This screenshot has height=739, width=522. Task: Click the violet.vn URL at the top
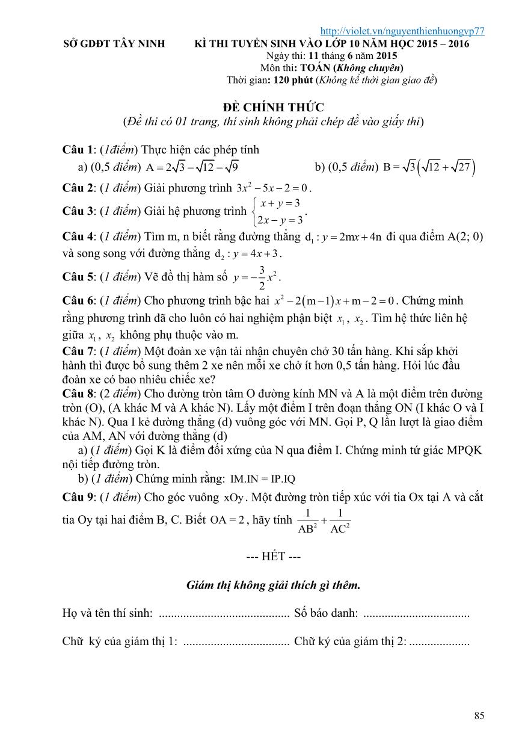click(x=403, y=31)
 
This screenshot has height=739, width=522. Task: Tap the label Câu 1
click(x=78, y=150)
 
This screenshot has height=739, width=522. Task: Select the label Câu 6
click(x=78, y=300)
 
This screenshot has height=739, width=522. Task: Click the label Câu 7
click(x=78, y=350)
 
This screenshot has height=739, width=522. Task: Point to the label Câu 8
click(x=78, y=394)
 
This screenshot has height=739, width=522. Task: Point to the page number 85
click(x=479, y=716)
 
